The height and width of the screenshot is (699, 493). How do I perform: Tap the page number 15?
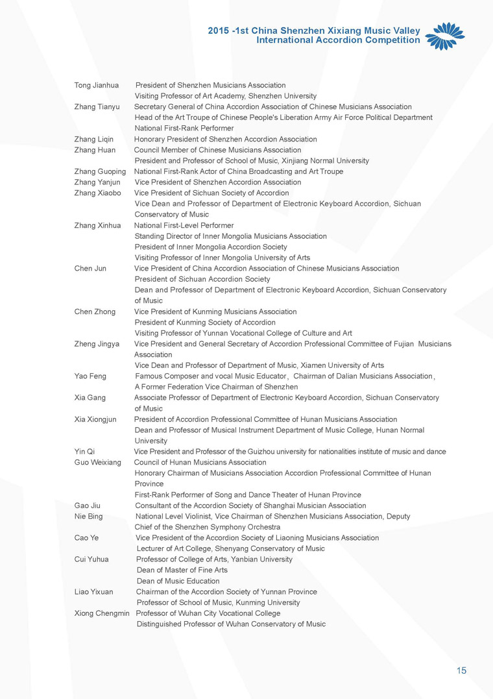461,670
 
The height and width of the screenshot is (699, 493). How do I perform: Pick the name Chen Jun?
91,268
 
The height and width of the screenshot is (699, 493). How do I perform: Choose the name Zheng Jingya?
97,344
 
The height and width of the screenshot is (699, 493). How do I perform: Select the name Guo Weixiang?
98,463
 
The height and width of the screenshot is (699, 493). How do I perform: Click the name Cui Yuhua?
91,559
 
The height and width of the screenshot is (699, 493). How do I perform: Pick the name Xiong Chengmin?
102,613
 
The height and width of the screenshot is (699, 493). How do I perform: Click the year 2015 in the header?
218,31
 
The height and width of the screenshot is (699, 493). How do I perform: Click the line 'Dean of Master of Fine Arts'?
182,570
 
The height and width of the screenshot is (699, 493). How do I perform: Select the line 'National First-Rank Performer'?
174,129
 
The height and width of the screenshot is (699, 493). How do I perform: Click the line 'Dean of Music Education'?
178,581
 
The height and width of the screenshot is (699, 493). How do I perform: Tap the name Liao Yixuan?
94,592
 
